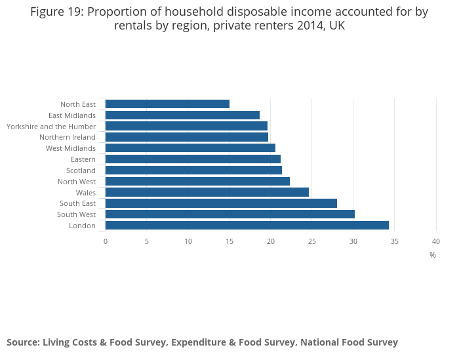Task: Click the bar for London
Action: (x=247, y=226)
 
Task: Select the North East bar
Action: (x=167, y=104)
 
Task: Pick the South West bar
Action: (x=229, y=214)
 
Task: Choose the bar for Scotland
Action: (x=193, y=170)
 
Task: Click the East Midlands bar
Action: (x=182, y=115)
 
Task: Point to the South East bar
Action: (x=221, y=203)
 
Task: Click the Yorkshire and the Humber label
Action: (x=51, y=126)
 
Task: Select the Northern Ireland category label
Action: (x=68, y=137)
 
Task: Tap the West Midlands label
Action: (x=71, y=148)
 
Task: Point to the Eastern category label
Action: (x=83, y=159)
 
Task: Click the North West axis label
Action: (x=77, y=182)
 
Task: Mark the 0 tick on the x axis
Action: (x=105, y=241)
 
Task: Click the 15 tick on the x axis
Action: (x=229, y=241)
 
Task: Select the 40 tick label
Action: (x=435, y=241)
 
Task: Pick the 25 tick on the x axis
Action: (x=311, y=241)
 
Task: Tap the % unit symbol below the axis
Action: (x=432, y=255)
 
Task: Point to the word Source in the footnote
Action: (x=23, y=342)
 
